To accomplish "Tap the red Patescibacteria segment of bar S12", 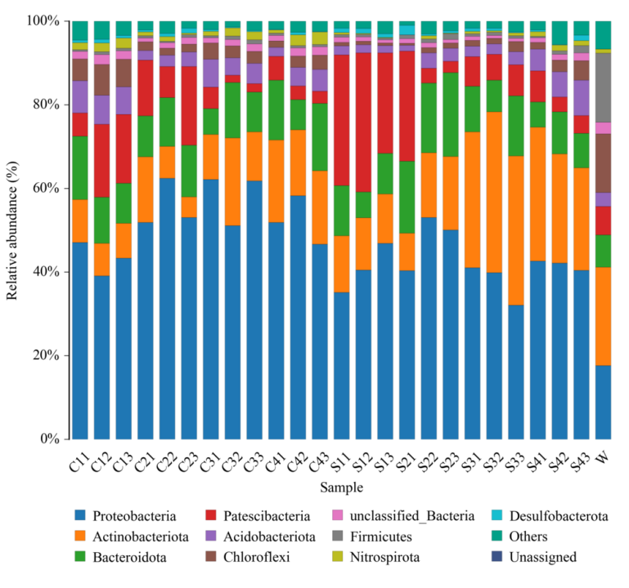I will (x=363, y=122).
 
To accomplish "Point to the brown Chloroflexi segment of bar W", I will (x=603, y=163).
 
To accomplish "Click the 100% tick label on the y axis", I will (x=42, y=20).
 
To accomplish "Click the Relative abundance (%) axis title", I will (x=12, y=229).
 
